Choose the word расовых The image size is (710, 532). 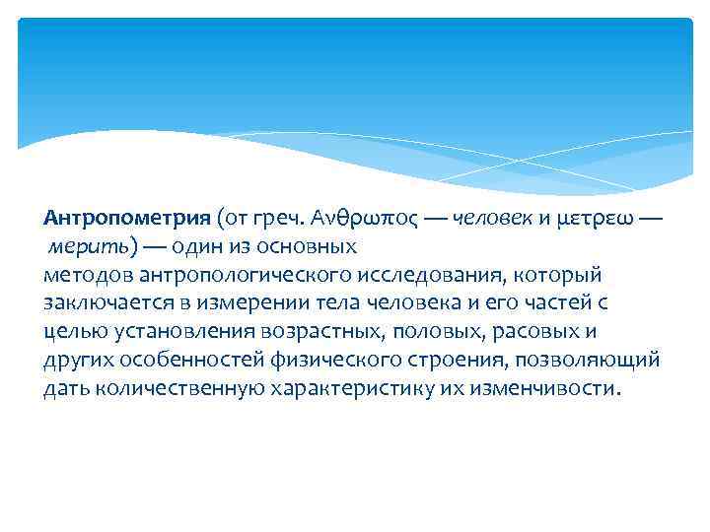(x=538, y=330)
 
